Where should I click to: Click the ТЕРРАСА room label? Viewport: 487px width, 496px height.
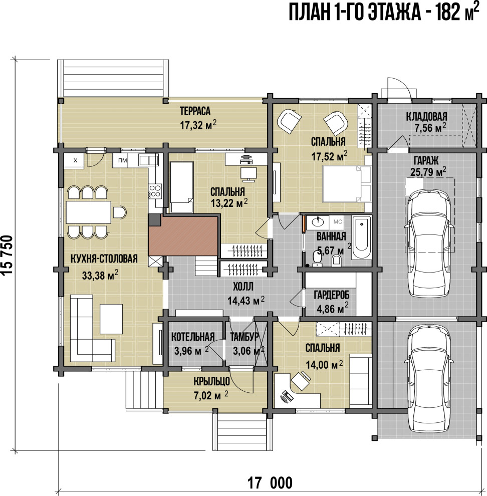(195, 111)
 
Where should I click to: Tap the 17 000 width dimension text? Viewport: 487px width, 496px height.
(270, 483)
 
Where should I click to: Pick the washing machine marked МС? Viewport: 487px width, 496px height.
(338, 222)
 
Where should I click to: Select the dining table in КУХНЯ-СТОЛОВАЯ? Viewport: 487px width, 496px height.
(89, 212)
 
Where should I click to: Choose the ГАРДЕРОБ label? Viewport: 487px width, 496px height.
(332, 296)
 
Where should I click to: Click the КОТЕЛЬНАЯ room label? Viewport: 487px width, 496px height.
(193, 337)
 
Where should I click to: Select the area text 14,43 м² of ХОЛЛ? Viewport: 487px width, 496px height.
(246, 301)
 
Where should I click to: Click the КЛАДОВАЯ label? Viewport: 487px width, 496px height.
(426, 117)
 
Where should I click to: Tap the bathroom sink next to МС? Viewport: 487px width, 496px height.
(317, 222)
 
